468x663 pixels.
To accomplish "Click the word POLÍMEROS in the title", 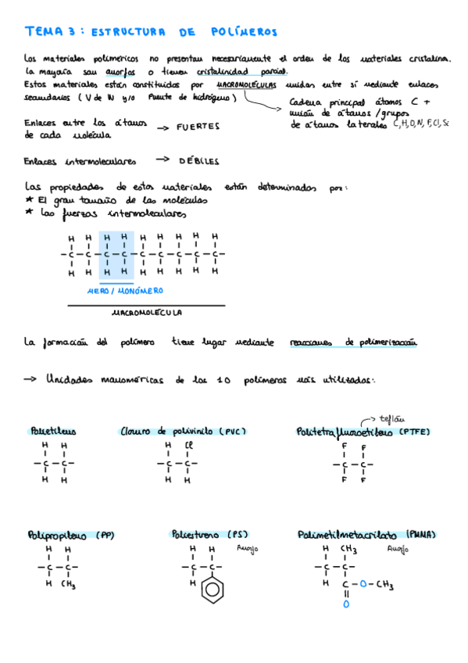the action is [244, 32].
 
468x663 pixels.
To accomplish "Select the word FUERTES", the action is [198, 127].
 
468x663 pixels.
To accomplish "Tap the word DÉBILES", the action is [198, 161].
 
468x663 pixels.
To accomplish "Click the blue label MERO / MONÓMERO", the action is [125, 291].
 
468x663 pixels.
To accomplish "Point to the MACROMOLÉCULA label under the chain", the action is [147, 313].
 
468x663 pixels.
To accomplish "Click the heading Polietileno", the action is [54, 431].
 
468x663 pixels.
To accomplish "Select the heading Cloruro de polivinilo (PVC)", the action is [183, 431].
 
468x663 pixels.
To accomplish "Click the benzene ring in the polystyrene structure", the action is [212, 589].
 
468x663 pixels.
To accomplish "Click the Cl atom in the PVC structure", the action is [188, 446].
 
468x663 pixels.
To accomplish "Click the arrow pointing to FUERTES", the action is [163, 127].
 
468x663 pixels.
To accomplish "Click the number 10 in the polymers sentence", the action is [223, 380].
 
